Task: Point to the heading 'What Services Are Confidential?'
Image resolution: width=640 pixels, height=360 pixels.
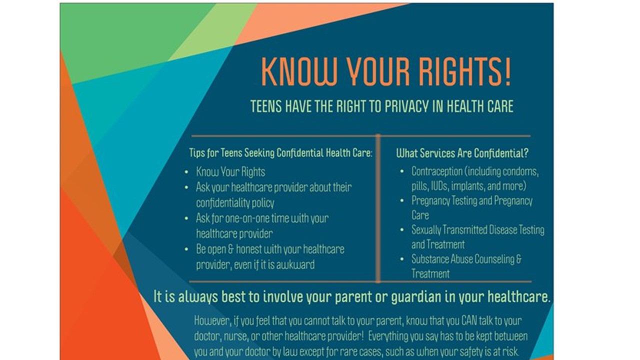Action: [462, 153]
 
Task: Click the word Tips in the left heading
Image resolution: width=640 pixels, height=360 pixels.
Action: [196, 152]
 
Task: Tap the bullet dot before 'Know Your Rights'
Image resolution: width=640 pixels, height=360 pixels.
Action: [186, 172]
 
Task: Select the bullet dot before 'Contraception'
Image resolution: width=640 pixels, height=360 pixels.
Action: [402, 171]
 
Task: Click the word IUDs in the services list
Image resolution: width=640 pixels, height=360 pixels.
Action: [438, 186]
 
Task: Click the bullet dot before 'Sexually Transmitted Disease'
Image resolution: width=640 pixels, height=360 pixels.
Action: [402, 230]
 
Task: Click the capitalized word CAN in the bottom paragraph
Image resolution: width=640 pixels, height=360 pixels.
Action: [469, 320]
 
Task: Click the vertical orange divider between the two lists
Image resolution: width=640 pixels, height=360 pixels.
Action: [378, 208]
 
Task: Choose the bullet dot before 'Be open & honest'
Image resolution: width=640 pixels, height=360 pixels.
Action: [186, 249]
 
